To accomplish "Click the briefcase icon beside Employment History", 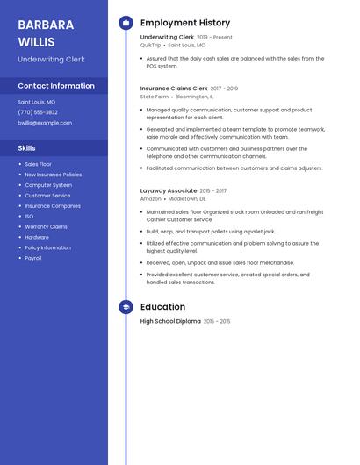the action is pyautogui.click(x=126, y=23).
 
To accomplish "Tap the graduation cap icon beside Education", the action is pyautogui.click(x=126, y=307).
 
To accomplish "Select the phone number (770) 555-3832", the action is pyautogui.click(x=38, y=112).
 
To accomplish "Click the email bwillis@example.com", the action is pyautogui.click(x=45, y=123).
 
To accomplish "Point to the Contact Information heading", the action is pyautogui.click(x=56, y=86).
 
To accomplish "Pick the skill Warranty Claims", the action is pyautogui.click(x=46, y=226).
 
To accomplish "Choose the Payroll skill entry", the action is pyautogui.click(x=33, y=258).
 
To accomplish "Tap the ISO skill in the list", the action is pyautogui.click(x=29, y=216).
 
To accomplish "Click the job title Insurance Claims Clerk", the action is pyautogui.click(x=174, y=89).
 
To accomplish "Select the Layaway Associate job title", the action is pyautogui.click(x=169, y=190).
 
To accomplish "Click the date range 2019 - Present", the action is pyautogui.click(x=215, y=38).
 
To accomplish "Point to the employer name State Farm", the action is pyautogui.click(x=154, y=97).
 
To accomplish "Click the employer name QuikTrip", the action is pyautogui.click(x=151, y=45).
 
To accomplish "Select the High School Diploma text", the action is pyautogui.click(x=170, y=322).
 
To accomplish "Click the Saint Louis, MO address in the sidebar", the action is pyautogui.click(x=37, y=102).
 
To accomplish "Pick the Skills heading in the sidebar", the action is pyautogui.click(x=27, y=148).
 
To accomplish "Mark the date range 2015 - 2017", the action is pyautogui.click(x=213, y=190).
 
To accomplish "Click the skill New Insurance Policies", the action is pyautogui.click(x=54, y=175).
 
